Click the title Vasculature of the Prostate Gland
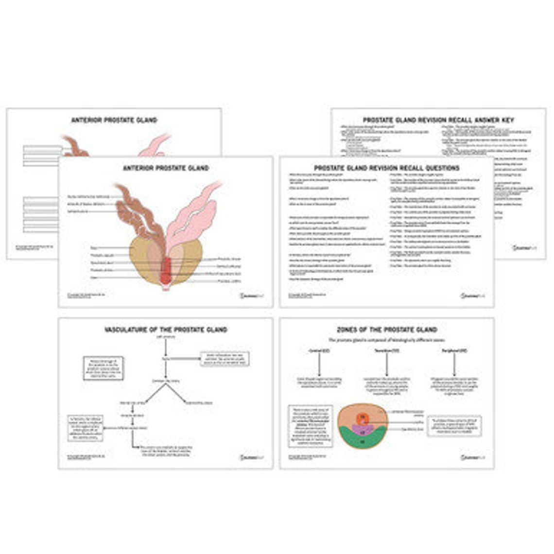click(166, 330)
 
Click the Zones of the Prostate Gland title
click(387, 330)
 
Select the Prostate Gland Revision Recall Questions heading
click(387, 168)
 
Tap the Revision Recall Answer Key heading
click(438, 120)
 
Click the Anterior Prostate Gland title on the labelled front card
click(166, 168)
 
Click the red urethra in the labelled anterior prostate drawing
click(166, 271)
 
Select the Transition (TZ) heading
click(387, 350)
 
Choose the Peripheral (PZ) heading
click(455, 350)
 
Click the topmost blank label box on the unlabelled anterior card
click(43, 148)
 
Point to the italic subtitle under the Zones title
click(387, 340)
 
